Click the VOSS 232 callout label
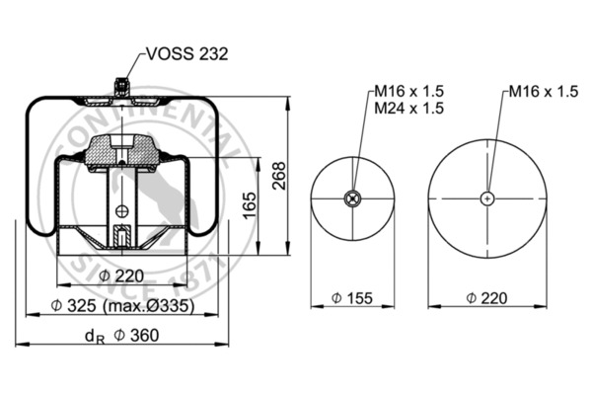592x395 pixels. (x=186, y=54)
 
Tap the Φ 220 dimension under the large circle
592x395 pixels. (x=489, y=296)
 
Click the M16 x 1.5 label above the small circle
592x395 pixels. (x=407, y=92)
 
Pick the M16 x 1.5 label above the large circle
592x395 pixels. (x=543, y=92)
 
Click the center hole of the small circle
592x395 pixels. (x=352, y=198)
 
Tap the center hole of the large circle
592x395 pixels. (x=487, y=198)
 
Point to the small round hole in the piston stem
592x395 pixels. (x=120, y=208)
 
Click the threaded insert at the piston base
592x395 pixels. (x=120, y=237)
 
